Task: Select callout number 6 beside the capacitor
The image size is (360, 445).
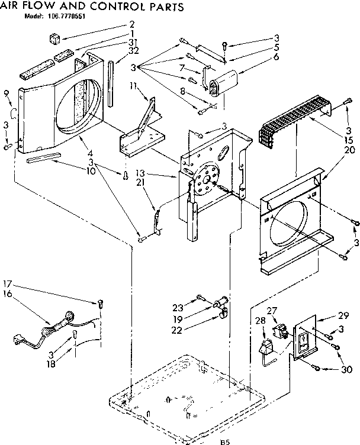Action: [259, 57]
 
